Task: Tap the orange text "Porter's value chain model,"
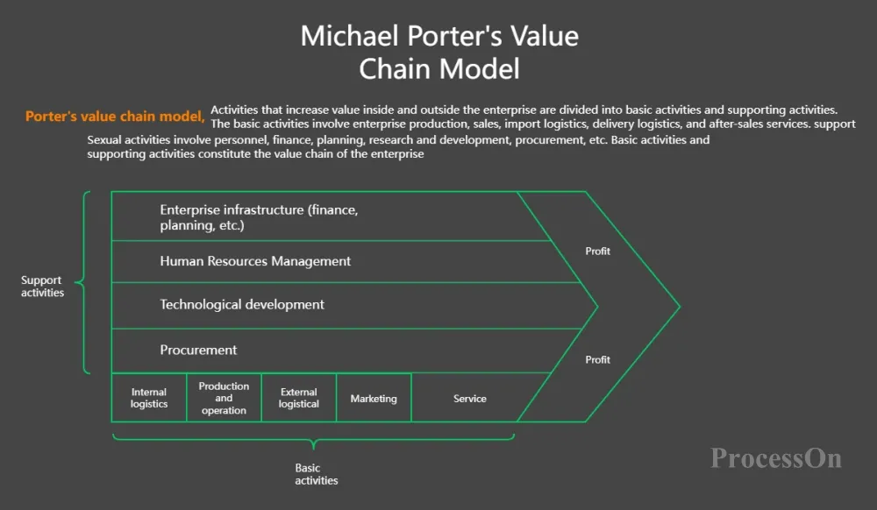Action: (115, 116)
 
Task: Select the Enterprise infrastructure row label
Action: (260, 217)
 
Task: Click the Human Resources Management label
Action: (255, 261)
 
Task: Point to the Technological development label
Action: (242, 305)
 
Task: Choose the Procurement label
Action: (198, 350)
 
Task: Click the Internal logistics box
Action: (149, 398)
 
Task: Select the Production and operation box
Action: (224, 398)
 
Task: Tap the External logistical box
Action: (299, 398)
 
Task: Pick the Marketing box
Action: (374, 399)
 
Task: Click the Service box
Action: (470, 399)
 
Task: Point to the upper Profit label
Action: (598, 251)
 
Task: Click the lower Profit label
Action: (598, 360)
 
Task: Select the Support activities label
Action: (42, 287)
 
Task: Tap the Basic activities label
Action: (316, 474)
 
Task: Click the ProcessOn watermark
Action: (776, 457)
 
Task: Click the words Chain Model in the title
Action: (439, 68)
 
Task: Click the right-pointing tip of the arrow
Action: (678, 307)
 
